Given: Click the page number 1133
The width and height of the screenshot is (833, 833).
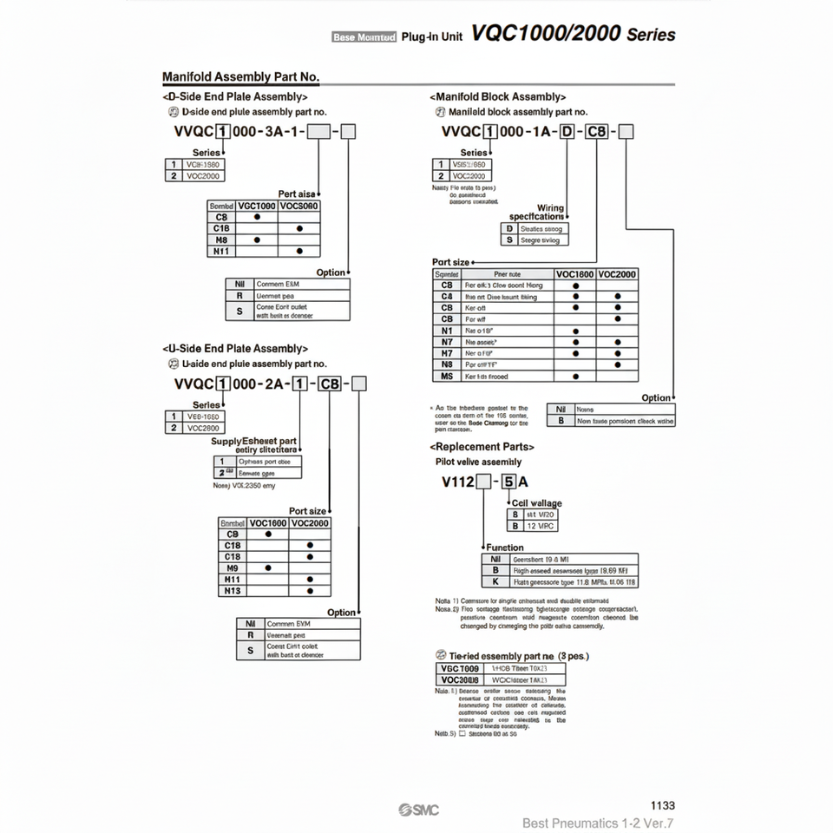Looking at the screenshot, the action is pos(662,805).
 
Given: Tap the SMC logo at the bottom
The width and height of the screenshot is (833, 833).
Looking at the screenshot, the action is pos(419,810).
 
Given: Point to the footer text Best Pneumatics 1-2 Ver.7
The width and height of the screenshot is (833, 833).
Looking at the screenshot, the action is pos(598,823).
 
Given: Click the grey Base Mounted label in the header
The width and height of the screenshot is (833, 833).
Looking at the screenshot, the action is pos(364,36).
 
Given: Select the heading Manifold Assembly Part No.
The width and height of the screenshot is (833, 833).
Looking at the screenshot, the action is pos(241,77).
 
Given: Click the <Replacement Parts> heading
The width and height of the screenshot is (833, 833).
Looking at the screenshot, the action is pos(482,446).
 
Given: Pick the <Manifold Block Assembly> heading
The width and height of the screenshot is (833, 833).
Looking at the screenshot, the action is pos(497,97).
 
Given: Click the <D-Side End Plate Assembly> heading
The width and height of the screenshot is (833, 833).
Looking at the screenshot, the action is pos(234,97).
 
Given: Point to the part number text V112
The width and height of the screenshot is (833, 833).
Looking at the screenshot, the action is pos(458,482).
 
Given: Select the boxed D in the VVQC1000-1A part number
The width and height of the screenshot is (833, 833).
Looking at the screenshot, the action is pos(567,132).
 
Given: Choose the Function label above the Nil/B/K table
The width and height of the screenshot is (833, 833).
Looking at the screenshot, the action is pos(505,548).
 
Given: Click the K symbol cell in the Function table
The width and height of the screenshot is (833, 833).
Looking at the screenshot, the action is pos(495,582).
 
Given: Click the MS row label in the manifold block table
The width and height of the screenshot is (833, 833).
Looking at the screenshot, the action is pos(447,377).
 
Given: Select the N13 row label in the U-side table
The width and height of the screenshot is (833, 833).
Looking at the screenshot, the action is pos(233,590).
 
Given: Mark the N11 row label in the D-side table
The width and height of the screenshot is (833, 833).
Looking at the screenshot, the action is pos(221,251).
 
